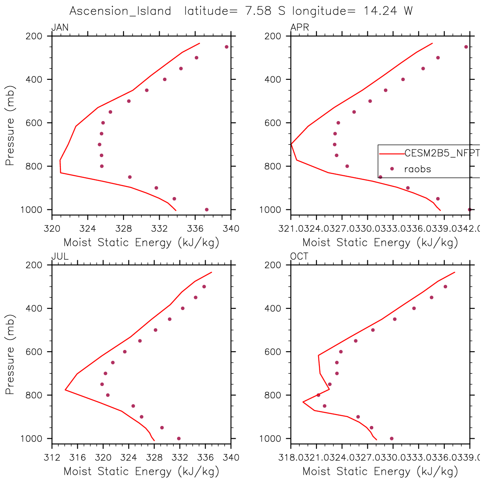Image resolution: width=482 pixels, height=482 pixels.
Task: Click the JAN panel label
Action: tap(60, 28)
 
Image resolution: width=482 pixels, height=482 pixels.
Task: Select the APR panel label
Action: tap(299, 28)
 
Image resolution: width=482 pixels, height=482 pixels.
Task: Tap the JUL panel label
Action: tap(60, 257)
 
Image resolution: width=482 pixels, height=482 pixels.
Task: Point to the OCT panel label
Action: tap(299, 257)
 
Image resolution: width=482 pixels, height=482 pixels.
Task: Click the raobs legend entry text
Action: tap(417, 169)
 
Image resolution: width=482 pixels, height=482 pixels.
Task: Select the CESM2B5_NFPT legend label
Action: tap(442, 153)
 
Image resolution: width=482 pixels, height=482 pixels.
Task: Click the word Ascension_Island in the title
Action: tap(120, 11)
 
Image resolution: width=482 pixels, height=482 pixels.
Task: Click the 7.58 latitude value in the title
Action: tap(258, 11)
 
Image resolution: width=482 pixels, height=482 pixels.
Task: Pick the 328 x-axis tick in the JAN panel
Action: tap(124, 229)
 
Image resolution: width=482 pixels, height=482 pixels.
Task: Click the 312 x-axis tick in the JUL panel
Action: tap(52, 458)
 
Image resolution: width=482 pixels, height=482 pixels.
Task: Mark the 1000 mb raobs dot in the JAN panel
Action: tap(207, 209)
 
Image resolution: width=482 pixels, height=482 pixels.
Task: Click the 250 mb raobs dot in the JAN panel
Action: tap(226, 47)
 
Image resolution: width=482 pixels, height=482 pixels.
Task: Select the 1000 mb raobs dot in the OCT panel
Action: tap(392, 438)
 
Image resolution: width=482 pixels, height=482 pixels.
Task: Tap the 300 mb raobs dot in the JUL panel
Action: tap(204, 287)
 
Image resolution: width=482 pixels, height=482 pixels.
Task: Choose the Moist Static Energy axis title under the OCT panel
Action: tap(380, 471)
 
